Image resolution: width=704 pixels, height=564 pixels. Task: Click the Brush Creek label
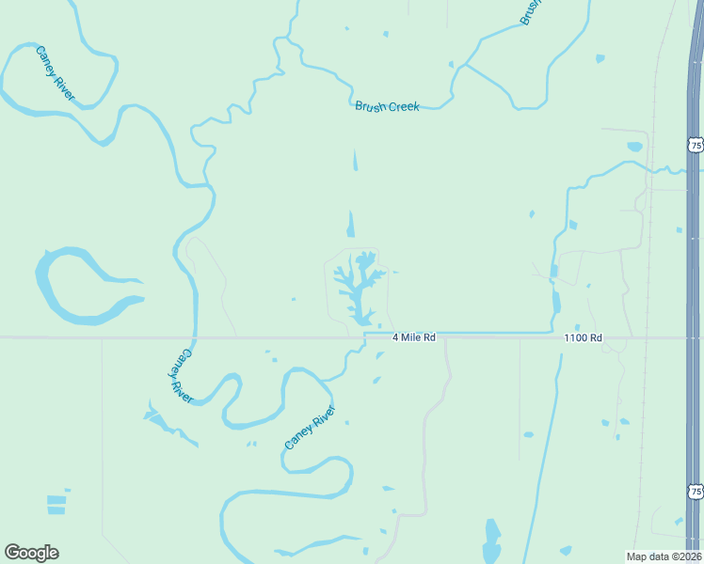[x=387, y=106]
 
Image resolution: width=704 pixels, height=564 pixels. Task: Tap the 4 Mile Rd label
[x=414, y=337]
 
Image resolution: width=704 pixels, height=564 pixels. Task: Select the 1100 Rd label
[x=583, y=337]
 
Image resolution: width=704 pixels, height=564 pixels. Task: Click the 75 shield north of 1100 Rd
[x=695, y=145]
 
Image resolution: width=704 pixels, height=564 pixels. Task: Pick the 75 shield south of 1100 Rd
[x=695, y=492]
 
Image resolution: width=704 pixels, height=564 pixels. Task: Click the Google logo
[x=31, y=553]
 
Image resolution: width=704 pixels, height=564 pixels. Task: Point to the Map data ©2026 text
[x=664, y=556]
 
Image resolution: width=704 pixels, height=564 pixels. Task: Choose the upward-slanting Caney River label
[x=310, y=428]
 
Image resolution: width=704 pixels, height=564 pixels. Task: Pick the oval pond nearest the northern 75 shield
[x=634, y=147]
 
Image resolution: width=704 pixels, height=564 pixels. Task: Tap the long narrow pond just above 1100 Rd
[x=555, y=304]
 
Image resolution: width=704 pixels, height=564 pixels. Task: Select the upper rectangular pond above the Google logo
[x=56, y=499]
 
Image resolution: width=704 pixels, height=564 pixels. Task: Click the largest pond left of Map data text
[x=491, y=540]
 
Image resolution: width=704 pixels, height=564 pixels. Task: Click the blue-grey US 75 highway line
[x=694, y=282]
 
